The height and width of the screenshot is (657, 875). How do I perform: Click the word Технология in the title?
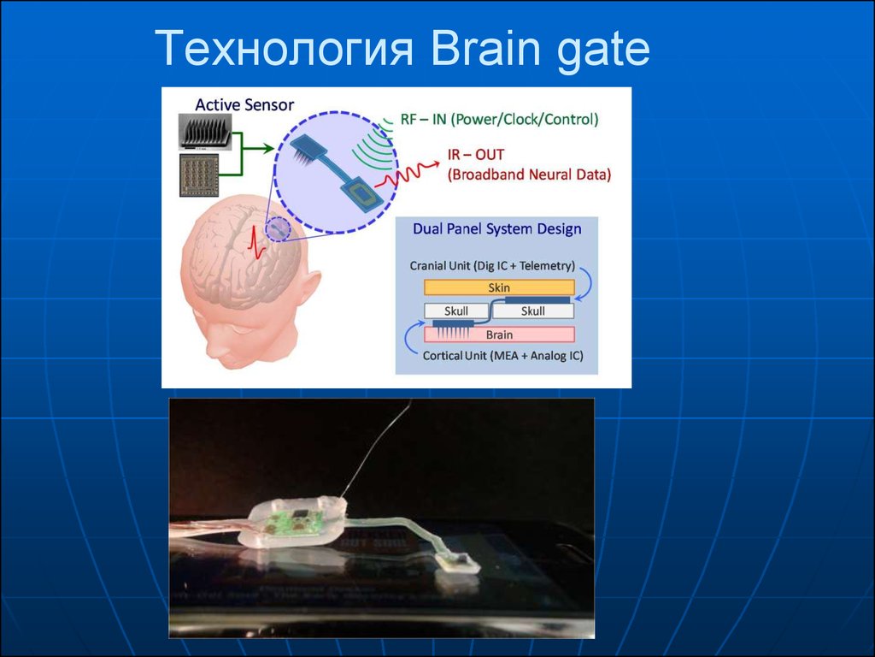pyautogui.click(x=284, y=49)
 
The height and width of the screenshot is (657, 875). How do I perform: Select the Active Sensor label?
pyautogui.click(x=244, y=104)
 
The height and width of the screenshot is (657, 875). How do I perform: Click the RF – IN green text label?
pyautogui.click(x=423, y=119)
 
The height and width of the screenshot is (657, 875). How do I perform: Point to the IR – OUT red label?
pyautogui.click(x=476, y=155)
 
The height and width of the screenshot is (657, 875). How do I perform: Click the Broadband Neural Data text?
pyautogui.click(x=530, y=175)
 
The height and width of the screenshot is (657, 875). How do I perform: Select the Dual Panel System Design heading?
pyautogui.click(x=497, y=229)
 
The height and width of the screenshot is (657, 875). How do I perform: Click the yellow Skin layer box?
pyautogui.click(x=499, y=287)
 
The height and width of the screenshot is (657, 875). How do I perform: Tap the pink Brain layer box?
pyautogui.click(x=499, y=334)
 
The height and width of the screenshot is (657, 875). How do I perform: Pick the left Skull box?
pyautogui.click(x=456, y=311)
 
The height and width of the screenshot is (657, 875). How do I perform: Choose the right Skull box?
pyautogui.click(x=533, y=311)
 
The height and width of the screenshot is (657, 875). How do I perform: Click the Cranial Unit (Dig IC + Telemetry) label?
pyautogui.click(x=492, y=266)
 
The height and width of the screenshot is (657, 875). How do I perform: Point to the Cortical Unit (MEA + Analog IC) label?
pyautogui.click(x=502, y=356)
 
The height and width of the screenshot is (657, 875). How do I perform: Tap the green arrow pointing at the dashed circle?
pyautogui.click(x=253, y=149)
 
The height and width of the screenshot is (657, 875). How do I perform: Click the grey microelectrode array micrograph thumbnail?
pyautogui.click(x=205, y=132)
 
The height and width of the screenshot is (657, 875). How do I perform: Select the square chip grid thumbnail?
pyautogui.click(x=198, y=175)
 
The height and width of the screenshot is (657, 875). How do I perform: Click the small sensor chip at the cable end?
pyautogui.click(x=458, y=560)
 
